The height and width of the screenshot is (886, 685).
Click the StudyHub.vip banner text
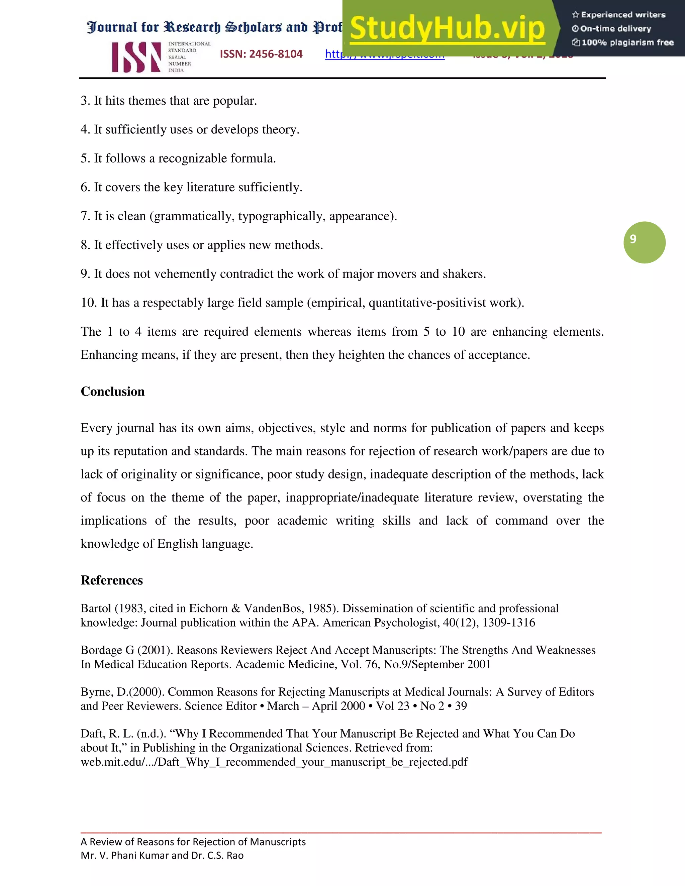(447, 28)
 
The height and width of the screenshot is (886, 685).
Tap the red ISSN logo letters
(136, 58)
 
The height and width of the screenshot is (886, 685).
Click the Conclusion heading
(112, 392)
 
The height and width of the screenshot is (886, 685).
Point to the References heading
(112, 580)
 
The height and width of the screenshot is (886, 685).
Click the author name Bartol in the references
(96, 608)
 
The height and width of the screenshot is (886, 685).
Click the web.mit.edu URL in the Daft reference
(274, 762)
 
